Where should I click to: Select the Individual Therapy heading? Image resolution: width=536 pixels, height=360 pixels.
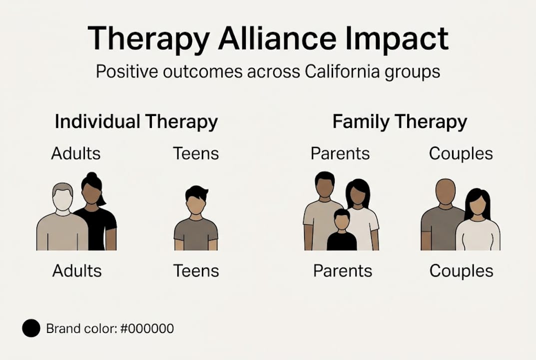(136, 121)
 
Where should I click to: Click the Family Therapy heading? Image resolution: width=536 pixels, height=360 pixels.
(400, 121)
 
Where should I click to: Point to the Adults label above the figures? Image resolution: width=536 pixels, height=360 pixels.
(76, 153)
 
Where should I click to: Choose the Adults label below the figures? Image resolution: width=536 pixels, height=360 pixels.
(77, 270)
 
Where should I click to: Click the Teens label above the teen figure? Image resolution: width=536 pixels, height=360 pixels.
(196, 153)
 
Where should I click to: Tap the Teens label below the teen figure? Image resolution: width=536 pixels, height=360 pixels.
(196, 270)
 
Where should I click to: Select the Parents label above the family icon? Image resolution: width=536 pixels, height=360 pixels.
(340, 153)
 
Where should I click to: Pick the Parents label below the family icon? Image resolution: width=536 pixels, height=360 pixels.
(343, 270)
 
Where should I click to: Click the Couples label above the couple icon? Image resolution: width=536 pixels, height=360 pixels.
(461, 153)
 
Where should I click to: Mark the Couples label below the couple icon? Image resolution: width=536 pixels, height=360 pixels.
(461, 270)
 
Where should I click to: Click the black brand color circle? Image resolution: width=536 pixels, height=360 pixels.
(31, 328)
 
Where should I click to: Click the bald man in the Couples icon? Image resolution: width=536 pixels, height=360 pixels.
(443, 215)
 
